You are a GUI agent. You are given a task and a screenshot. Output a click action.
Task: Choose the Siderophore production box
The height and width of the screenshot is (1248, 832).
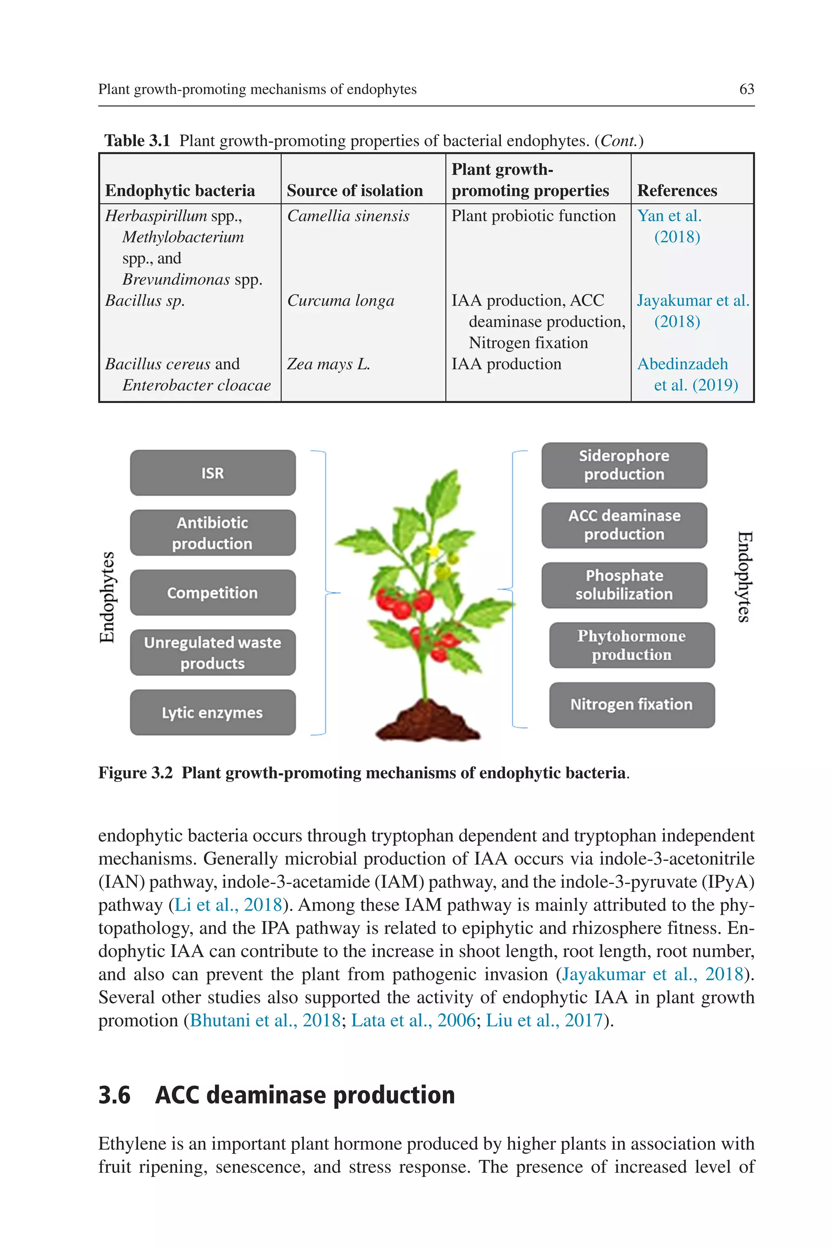tap(624, 465)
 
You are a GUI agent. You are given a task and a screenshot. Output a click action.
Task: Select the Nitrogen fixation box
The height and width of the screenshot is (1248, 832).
tap(631, 705)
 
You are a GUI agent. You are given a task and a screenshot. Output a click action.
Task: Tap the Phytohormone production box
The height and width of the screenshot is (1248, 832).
tap(631, 645)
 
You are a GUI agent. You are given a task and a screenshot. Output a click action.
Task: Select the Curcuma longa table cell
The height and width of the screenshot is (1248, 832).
tap(341, 301)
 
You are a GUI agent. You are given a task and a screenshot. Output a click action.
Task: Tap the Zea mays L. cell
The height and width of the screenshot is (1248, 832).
tap(328, 364)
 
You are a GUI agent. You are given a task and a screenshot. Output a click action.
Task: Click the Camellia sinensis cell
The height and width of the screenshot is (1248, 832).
tap(348, 216)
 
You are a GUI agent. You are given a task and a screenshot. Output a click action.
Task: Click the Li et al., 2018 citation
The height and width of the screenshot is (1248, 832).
tap(228, 904)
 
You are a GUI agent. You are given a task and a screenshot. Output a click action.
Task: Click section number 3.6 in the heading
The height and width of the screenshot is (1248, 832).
tap(115, 1095)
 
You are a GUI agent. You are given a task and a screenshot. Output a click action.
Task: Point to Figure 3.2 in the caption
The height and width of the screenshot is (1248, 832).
tap(136, 773)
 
